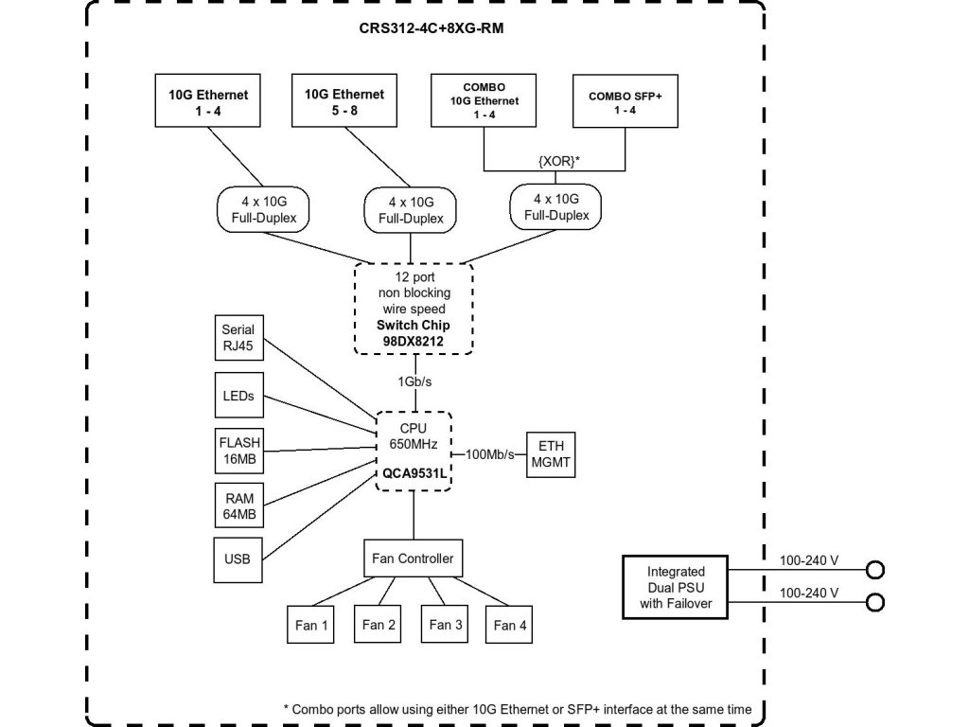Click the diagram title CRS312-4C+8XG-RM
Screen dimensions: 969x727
pos(431,28)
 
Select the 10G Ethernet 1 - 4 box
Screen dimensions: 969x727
pos(207,100)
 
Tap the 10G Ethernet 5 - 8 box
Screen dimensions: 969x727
pos(344,100)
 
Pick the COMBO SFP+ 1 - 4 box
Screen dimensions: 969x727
pos(625,101)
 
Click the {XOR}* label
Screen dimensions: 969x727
pos(558,161)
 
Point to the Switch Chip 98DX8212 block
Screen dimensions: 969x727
pos(414,309)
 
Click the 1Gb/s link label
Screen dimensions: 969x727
pos(414,381)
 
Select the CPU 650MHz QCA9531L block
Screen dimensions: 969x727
pos(414,452)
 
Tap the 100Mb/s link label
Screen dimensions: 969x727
pos(489,454)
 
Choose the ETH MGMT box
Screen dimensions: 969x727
pos(551,454)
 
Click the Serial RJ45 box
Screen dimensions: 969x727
pos(239,338)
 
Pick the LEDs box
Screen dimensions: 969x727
pos(239,395)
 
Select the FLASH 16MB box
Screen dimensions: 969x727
pos(239,451)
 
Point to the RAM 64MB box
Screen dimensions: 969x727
pos(239,505)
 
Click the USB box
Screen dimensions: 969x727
pos(238,559)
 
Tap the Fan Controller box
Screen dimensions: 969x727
pos(413,559)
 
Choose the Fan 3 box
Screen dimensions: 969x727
pos(445,625)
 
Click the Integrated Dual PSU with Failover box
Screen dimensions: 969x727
pos(676,587)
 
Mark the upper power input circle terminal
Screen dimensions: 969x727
pos(875,569)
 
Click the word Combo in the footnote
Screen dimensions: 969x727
pos(309,710)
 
